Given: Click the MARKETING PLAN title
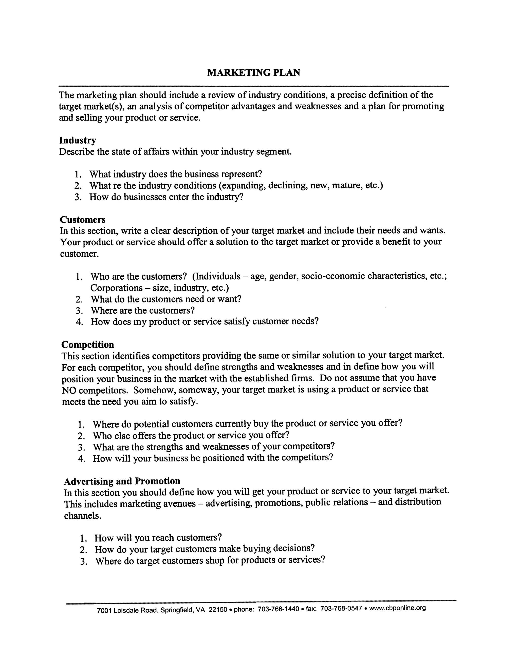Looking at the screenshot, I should [x=253, y=73].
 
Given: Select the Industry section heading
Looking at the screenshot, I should [x=78, y=141].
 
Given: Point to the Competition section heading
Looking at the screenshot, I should [x=88, y=344].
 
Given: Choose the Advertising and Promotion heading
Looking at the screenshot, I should [x=122, y=481].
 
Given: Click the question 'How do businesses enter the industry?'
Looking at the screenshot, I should [x=166, y=197].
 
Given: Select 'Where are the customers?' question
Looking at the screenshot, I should [x=142, y=310].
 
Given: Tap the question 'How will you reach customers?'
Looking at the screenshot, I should [x=158, y=538].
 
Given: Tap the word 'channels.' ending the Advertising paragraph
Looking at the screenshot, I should [x=82, y=516].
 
